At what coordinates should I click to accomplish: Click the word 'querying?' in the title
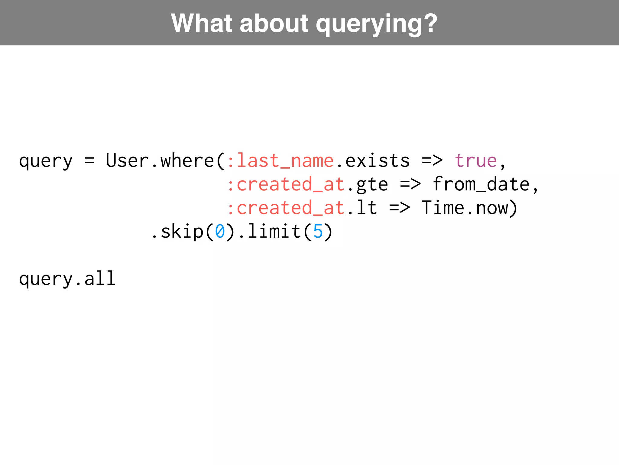pyautogui.click(x=376, y=24)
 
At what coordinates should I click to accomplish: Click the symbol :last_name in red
pyautogui.click(x=280, y=160)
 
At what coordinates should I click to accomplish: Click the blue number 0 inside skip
pyautogui.click(x=220, y=232)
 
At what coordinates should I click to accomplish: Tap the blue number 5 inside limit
pyautogui.click(x=318, y=232)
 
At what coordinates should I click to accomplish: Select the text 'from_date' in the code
pyautogui.click(x=481, y=184)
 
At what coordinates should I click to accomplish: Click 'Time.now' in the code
pyautogui.click(x=465, y=208)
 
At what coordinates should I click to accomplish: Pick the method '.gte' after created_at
pyautogui.click(x=368, y=184)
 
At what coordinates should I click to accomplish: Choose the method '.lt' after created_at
pyautogui.click(x=362, y=208)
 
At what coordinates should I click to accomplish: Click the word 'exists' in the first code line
pyautogui.click(x=378, y=160)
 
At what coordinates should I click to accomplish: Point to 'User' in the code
pyautogui.click(x=127, y=160)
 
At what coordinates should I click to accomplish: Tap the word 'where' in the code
pyautogui.click(x=187, y=160)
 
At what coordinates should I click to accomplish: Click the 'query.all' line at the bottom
pyautogui.click(x=67, y=279)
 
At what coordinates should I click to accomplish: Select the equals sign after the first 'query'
pyautogui.click(x=89, y=160)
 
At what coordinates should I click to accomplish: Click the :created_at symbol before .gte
pyautogui.click(x=286, y=184)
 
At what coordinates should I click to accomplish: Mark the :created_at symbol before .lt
pyautogui.click(x=286, y=208)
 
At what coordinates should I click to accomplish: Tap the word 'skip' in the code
pyautogui.click(x=182, y=232)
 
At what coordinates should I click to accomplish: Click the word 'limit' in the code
pyautogui.click(x=274, y=232)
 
